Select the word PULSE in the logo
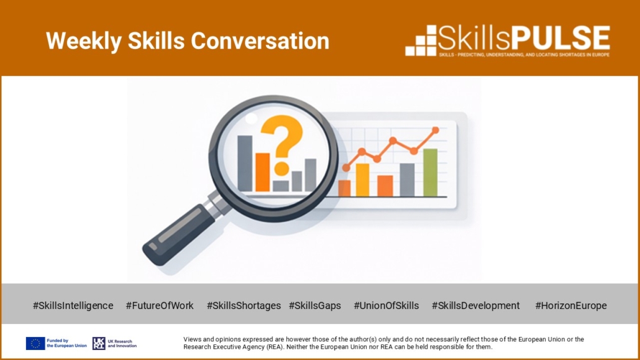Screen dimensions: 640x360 (561, 39)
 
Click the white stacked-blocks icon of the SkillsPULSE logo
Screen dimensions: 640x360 (421, 40)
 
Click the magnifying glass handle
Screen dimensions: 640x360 (180, 233)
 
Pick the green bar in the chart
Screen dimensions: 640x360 (430, 172)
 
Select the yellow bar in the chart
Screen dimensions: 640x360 (362, 180)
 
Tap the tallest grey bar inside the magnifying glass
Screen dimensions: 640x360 (245, 164)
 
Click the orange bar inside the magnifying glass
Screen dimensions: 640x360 (262, 172)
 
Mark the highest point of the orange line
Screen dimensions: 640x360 (436, 130)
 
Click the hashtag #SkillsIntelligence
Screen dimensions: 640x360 (73, 306)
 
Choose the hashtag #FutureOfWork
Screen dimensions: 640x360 (160, 306)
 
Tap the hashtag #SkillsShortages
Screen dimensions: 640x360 (244, 306)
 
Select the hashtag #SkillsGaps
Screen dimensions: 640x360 (314, 306)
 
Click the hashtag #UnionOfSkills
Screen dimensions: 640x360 (386, 306)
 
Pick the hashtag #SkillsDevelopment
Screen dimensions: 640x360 (475, 306)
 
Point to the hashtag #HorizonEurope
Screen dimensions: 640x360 (571, 306)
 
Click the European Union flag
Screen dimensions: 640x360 (35, 343)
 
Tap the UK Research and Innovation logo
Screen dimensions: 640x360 (115, 343)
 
